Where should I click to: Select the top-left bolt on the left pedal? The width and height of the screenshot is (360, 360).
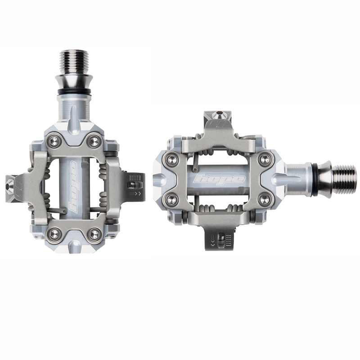pos(54,142)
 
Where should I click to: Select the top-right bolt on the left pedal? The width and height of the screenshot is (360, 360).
pos(94,142)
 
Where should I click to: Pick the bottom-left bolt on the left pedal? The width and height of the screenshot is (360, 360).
pos(54,234)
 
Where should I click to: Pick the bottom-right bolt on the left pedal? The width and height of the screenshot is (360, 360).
pos(94,234)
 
